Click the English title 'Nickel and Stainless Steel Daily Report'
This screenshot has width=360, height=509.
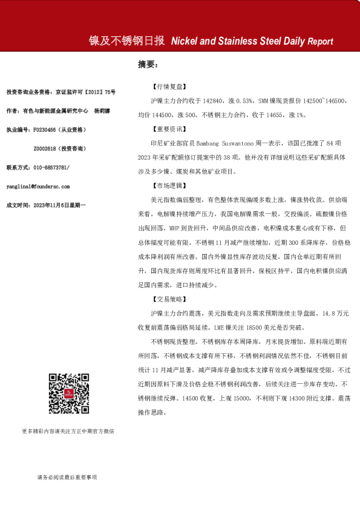[252, 42]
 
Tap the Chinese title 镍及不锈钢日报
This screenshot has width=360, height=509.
[127, 41]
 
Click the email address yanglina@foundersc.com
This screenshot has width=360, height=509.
[38, 186]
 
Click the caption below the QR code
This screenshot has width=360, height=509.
[67, 431]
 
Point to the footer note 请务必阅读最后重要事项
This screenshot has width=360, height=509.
[67, 477]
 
